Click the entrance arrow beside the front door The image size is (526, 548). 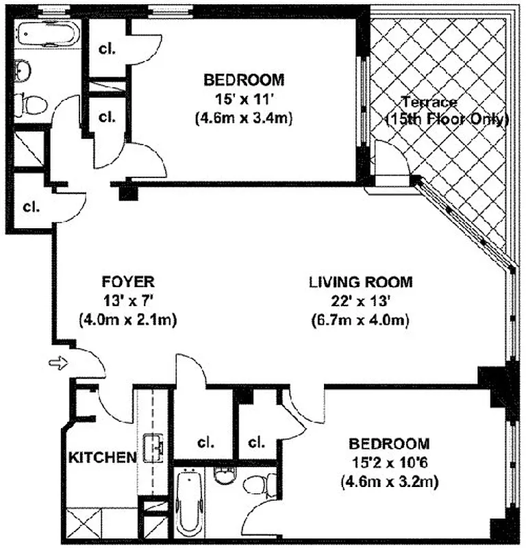pyautogui.click(x=58, y=363)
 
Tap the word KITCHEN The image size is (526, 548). pyautogui.click(x=103, y=458)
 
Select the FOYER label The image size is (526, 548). pyautogui.click(x=128, y=282)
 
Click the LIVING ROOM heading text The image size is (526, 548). pyautogui.click(x=360, y=282)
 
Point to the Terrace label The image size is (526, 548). pyautogui.click(x=429, y=102)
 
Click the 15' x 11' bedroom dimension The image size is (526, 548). pyautogui.click(x=244, y=99)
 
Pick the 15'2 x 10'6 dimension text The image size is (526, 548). pyautogui.click(x=389, y=463)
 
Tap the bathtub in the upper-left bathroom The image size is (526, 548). pyautogui.click(x=48, y=34)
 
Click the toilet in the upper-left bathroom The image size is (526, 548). pyautogui.click(x=32, y=104)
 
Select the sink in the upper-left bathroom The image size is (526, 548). pyautogui.click(x=23, y=71)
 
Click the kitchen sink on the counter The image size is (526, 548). pyautogui.click(x=153, y=448)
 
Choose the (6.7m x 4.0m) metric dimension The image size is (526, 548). pyautogui.click(x=360, y=320)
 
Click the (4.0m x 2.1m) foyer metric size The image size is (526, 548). pyautogui.click(x=128, y=320)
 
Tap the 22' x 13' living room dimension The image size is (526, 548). pyautogui.click(x=360, y=301)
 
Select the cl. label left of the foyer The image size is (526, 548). pyautogui.click(x=31, y=207)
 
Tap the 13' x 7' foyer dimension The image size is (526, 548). pyautogui.click(x=128, y=301)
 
